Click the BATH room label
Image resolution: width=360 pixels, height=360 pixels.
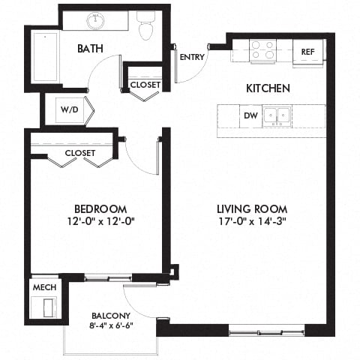[90, 49]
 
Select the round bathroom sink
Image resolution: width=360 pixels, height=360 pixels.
[96, 21]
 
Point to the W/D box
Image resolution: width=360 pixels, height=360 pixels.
[69, 109]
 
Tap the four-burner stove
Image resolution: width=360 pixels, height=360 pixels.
[263, 49]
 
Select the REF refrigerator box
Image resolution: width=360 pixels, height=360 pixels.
[307, 52]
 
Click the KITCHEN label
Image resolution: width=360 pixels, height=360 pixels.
[268, 88]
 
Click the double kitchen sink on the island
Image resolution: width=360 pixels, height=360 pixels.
[281, 115]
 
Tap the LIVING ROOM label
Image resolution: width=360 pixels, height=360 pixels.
[252, 208]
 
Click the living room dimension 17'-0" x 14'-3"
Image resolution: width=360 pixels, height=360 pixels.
[252, 221]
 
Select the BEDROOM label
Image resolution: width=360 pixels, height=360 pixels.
[99, 208]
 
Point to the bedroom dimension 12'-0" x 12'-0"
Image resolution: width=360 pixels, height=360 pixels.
[99, 221]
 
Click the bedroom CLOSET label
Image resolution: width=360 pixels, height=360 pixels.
[80, 153]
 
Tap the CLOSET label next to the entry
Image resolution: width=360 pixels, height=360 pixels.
[145, 85]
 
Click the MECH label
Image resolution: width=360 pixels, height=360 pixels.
[41, 287]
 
